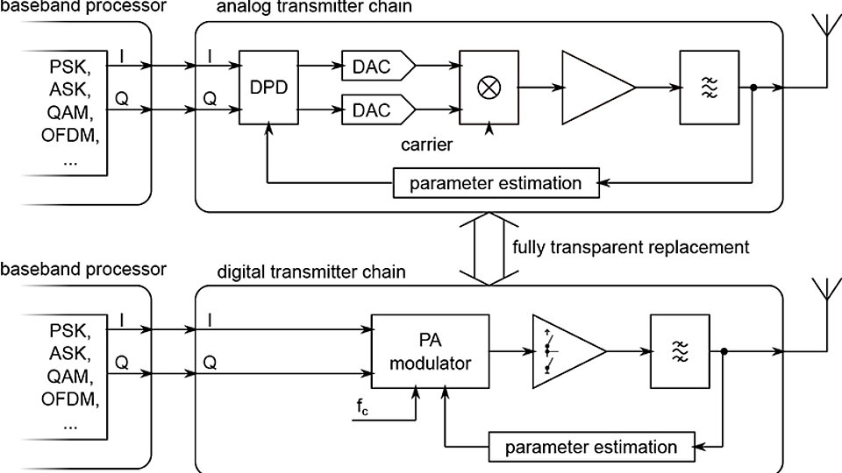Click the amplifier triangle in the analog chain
[591, 87]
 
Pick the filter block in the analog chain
[708, 87]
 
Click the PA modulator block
[430, 352]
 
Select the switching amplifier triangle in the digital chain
[562, 351]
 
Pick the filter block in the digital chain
[680, 351]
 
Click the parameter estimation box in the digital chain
[590, 446]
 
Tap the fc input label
[363, 406]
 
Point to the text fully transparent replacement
[631, 247]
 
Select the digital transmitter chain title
[310, 272]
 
